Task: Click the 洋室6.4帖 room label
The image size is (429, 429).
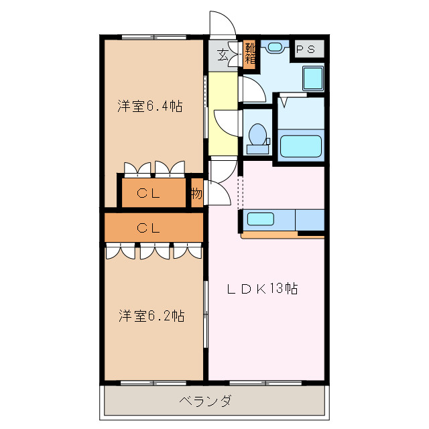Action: pyautogui.click(x=150, y=106)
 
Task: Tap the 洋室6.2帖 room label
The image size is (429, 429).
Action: pyautogui.click(x=151, y=315)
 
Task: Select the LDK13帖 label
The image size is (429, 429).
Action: pyautogui.click(x=261, y=289)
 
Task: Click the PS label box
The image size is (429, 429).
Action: pyautogui.click(x=306, y=49)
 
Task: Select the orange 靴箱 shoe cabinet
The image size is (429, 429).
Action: pyautogui.click(x=249, y=54)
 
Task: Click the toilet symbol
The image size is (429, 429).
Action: pyautogui.click(x=256, y=135)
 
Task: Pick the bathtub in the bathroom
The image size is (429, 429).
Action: pyautogui.click(x=301, y=146)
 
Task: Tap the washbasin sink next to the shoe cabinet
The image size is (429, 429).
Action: pyautogui.click(x=274, y=48)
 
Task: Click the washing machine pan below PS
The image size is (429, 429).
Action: pyautogui.click(x=312, y=78)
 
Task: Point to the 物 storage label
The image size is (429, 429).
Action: pyautogui.click(x=196, y=194)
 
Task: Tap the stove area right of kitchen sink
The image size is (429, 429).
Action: pyautogui.click(x=309, y=219)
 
